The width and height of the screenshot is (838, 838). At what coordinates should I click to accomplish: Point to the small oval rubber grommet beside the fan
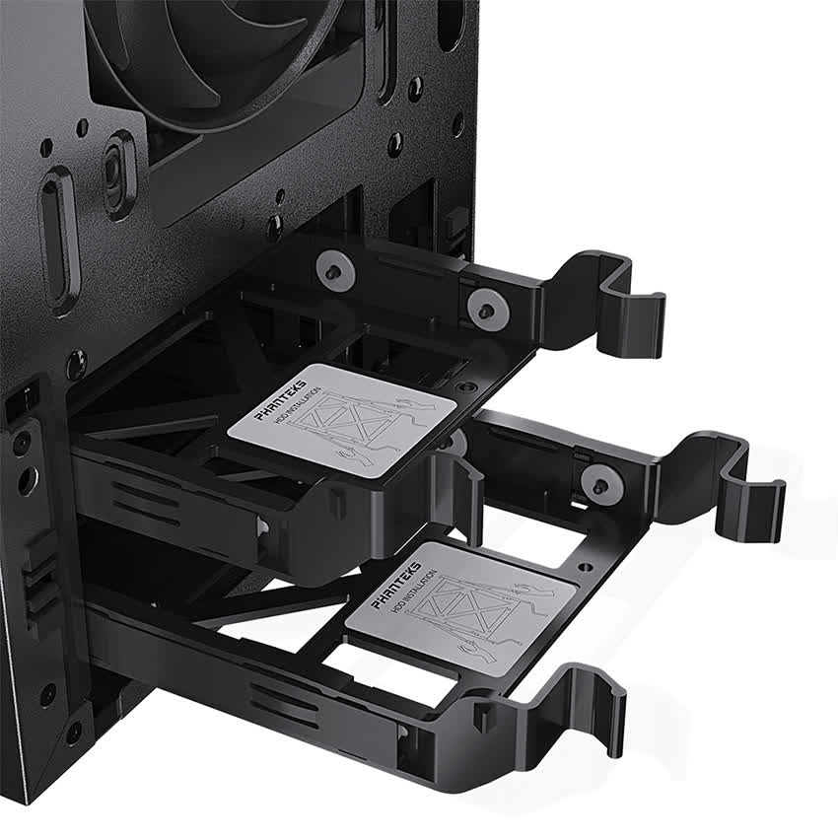tap(119, 174)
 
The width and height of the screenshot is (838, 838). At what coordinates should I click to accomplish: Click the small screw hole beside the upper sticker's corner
tap(469, 386)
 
